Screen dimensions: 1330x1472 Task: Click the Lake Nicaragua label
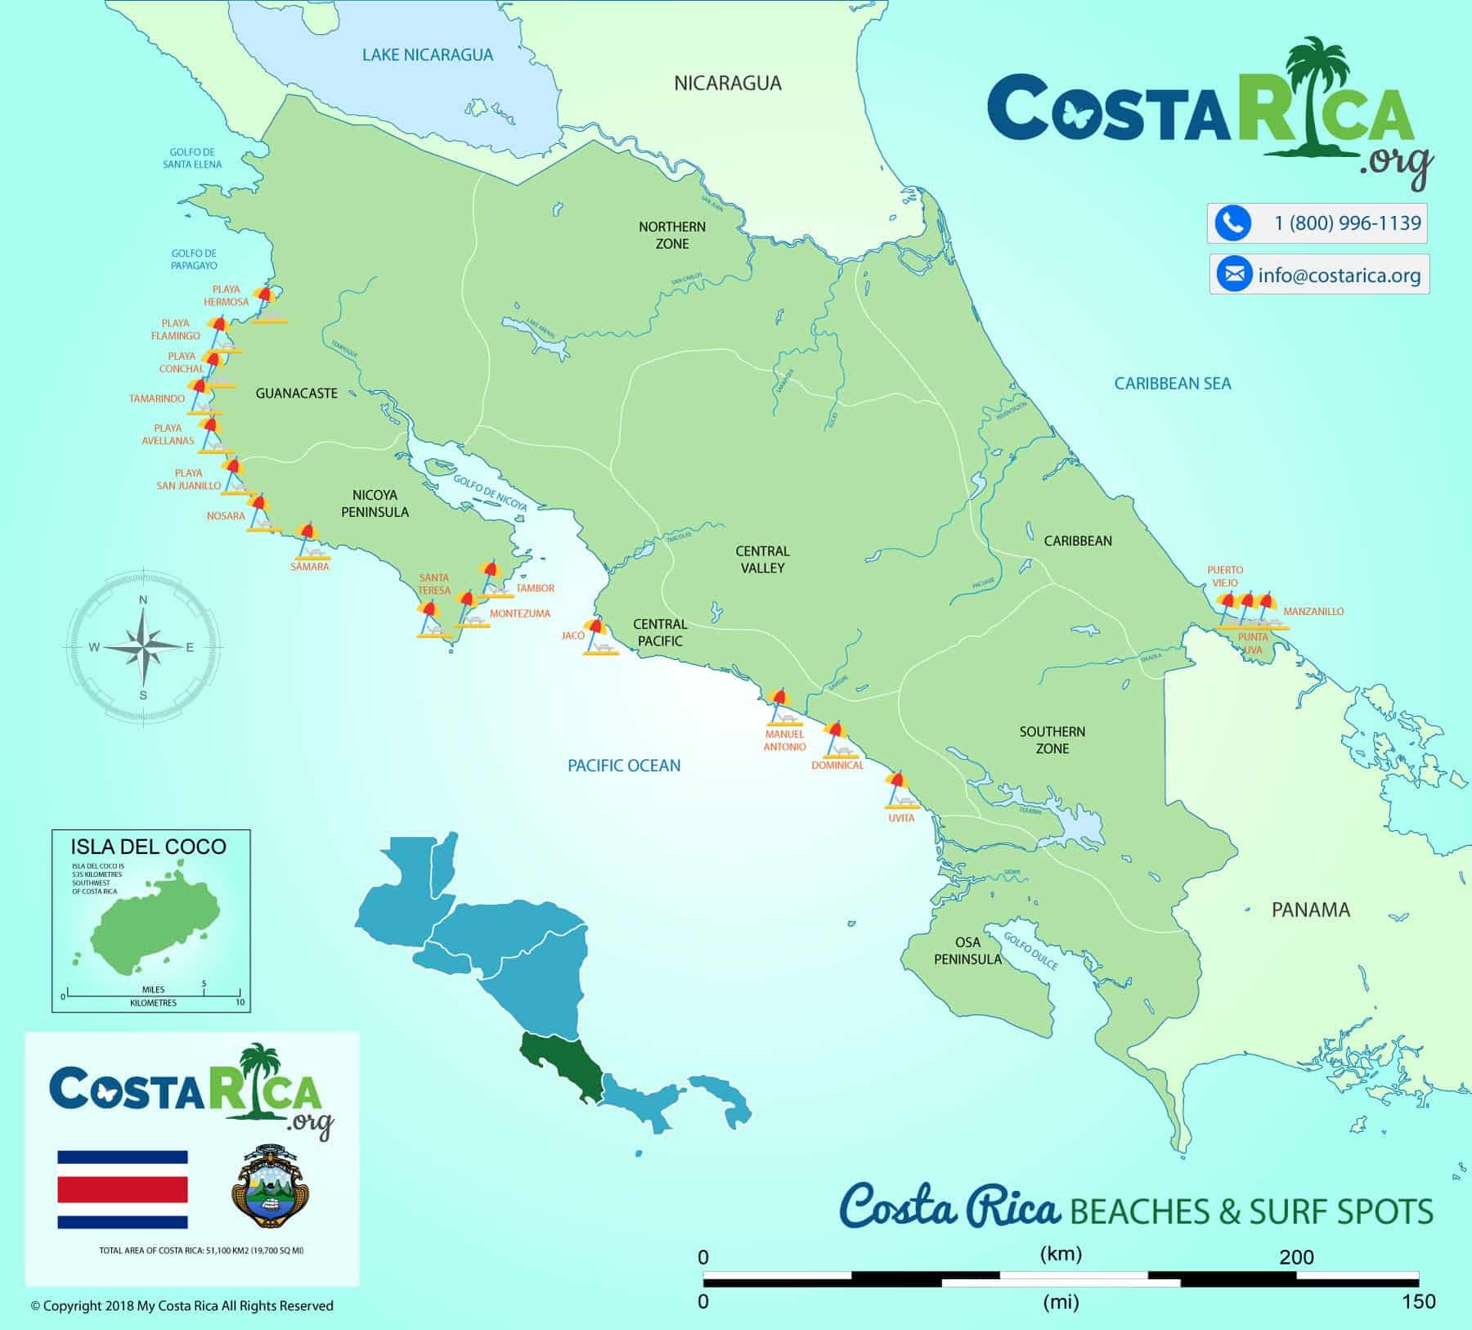[428, 56]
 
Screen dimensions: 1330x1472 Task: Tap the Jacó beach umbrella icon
[597, 637]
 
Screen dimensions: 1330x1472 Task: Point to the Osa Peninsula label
[967, 950]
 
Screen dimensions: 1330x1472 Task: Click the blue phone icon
[1232, 223]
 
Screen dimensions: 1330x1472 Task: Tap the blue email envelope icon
[1234, 274]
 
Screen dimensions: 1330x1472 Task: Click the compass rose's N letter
[143, 600]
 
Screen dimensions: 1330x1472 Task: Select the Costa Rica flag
[123, 1189]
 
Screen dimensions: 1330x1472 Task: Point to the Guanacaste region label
[296, 393]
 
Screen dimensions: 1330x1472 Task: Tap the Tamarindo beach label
[157, 399]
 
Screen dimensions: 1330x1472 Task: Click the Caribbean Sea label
[1172, 384]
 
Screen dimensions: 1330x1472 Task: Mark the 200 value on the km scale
[1296, 1257]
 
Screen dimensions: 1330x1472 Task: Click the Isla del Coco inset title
[149, 847]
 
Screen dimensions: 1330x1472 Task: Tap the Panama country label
[1310, 910]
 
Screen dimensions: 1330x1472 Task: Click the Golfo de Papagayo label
[194, 259]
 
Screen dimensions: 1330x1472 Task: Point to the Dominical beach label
[837, 766]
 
